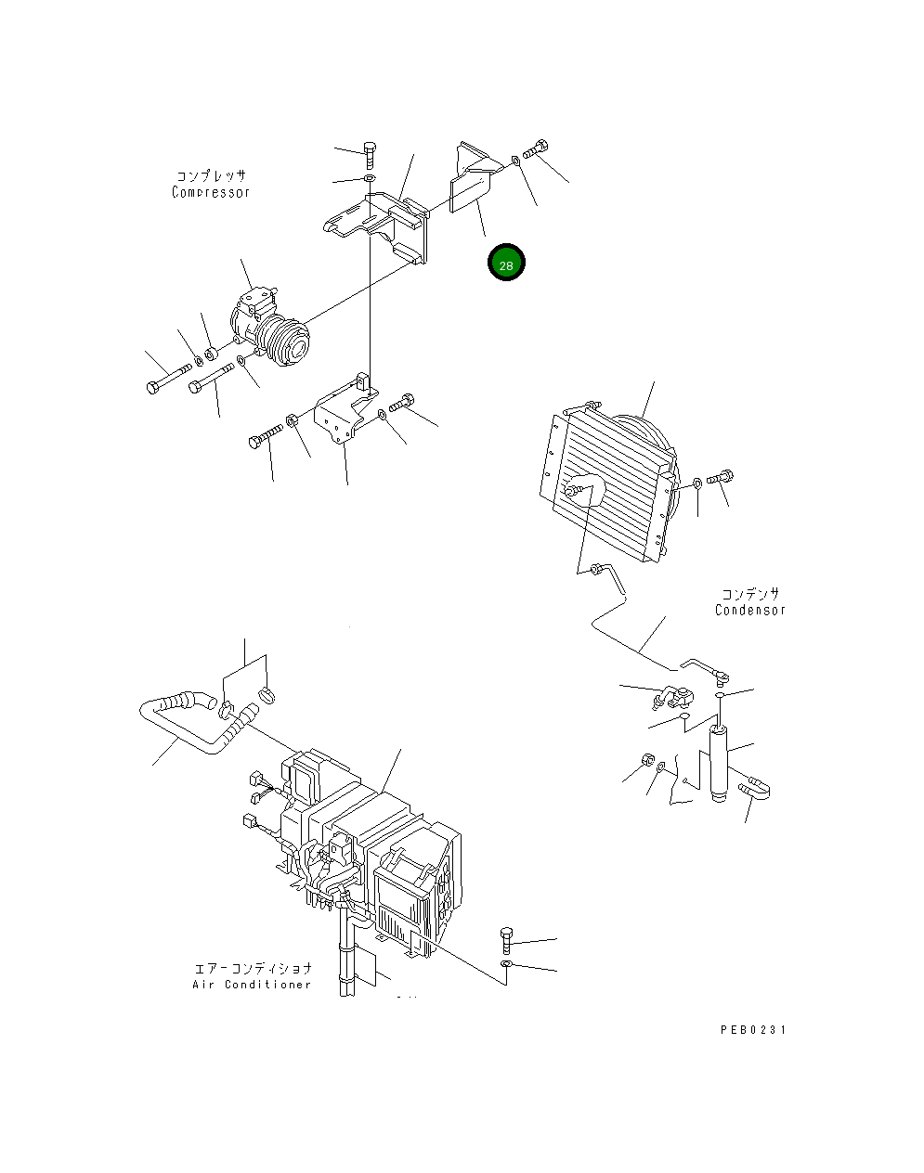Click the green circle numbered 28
pos(506,264)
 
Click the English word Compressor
pos(211,192)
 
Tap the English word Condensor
pos(749,610)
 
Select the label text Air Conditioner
pos(252,984)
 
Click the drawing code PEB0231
pos(751,1029)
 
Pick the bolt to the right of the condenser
pos(721,479)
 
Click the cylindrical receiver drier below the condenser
pos(719,766)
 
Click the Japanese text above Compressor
pos(211,175)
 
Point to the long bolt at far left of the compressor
pos(168,380)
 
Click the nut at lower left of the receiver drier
pos(646,763)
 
